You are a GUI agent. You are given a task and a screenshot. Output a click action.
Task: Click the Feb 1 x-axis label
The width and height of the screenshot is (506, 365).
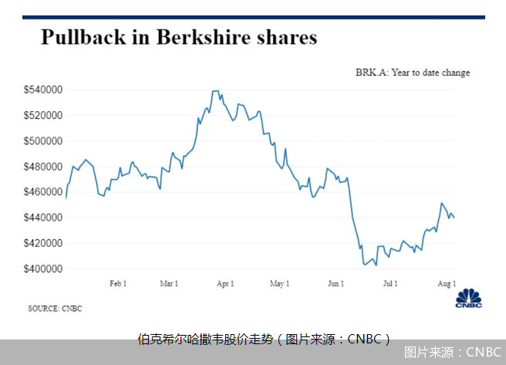click(x=118, y=284)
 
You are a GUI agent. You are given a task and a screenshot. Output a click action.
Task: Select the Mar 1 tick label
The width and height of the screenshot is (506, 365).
click(x=169, y=284)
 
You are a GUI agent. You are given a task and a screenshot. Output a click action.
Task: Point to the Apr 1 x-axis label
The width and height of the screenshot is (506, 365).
click(x=225, y=284)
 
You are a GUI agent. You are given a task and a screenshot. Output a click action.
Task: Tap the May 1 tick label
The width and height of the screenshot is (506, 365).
click(x=279, y=284)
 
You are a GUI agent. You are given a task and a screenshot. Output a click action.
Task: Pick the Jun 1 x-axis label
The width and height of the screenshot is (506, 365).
click(x=336, y=284)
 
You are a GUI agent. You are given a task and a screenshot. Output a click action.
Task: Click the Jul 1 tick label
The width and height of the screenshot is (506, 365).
click(x=390, y=284)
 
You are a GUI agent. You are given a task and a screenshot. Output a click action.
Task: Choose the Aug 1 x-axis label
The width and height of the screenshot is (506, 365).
click(x=447, y=284)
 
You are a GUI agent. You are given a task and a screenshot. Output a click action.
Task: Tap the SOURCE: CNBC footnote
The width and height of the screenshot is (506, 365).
click(x=55, y=309)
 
